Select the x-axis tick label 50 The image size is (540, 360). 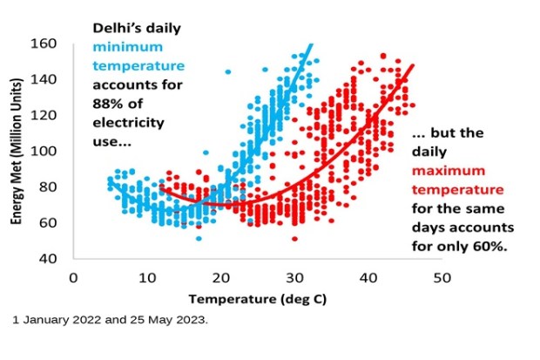coord(442,278)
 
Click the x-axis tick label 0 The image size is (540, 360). coord(73,278)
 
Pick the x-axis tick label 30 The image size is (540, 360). coord(295,278)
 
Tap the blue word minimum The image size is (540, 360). coord(127,47)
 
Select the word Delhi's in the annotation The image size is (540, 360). coord(116,28)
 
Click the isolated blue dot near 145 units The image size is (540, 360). coord(228,71)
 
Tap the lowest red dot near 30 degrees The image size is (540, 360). coord(294,239)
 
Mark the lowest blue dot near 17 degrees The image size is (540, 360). coord(199,238)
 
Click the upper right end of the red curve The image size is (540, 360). coord(412,65)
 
